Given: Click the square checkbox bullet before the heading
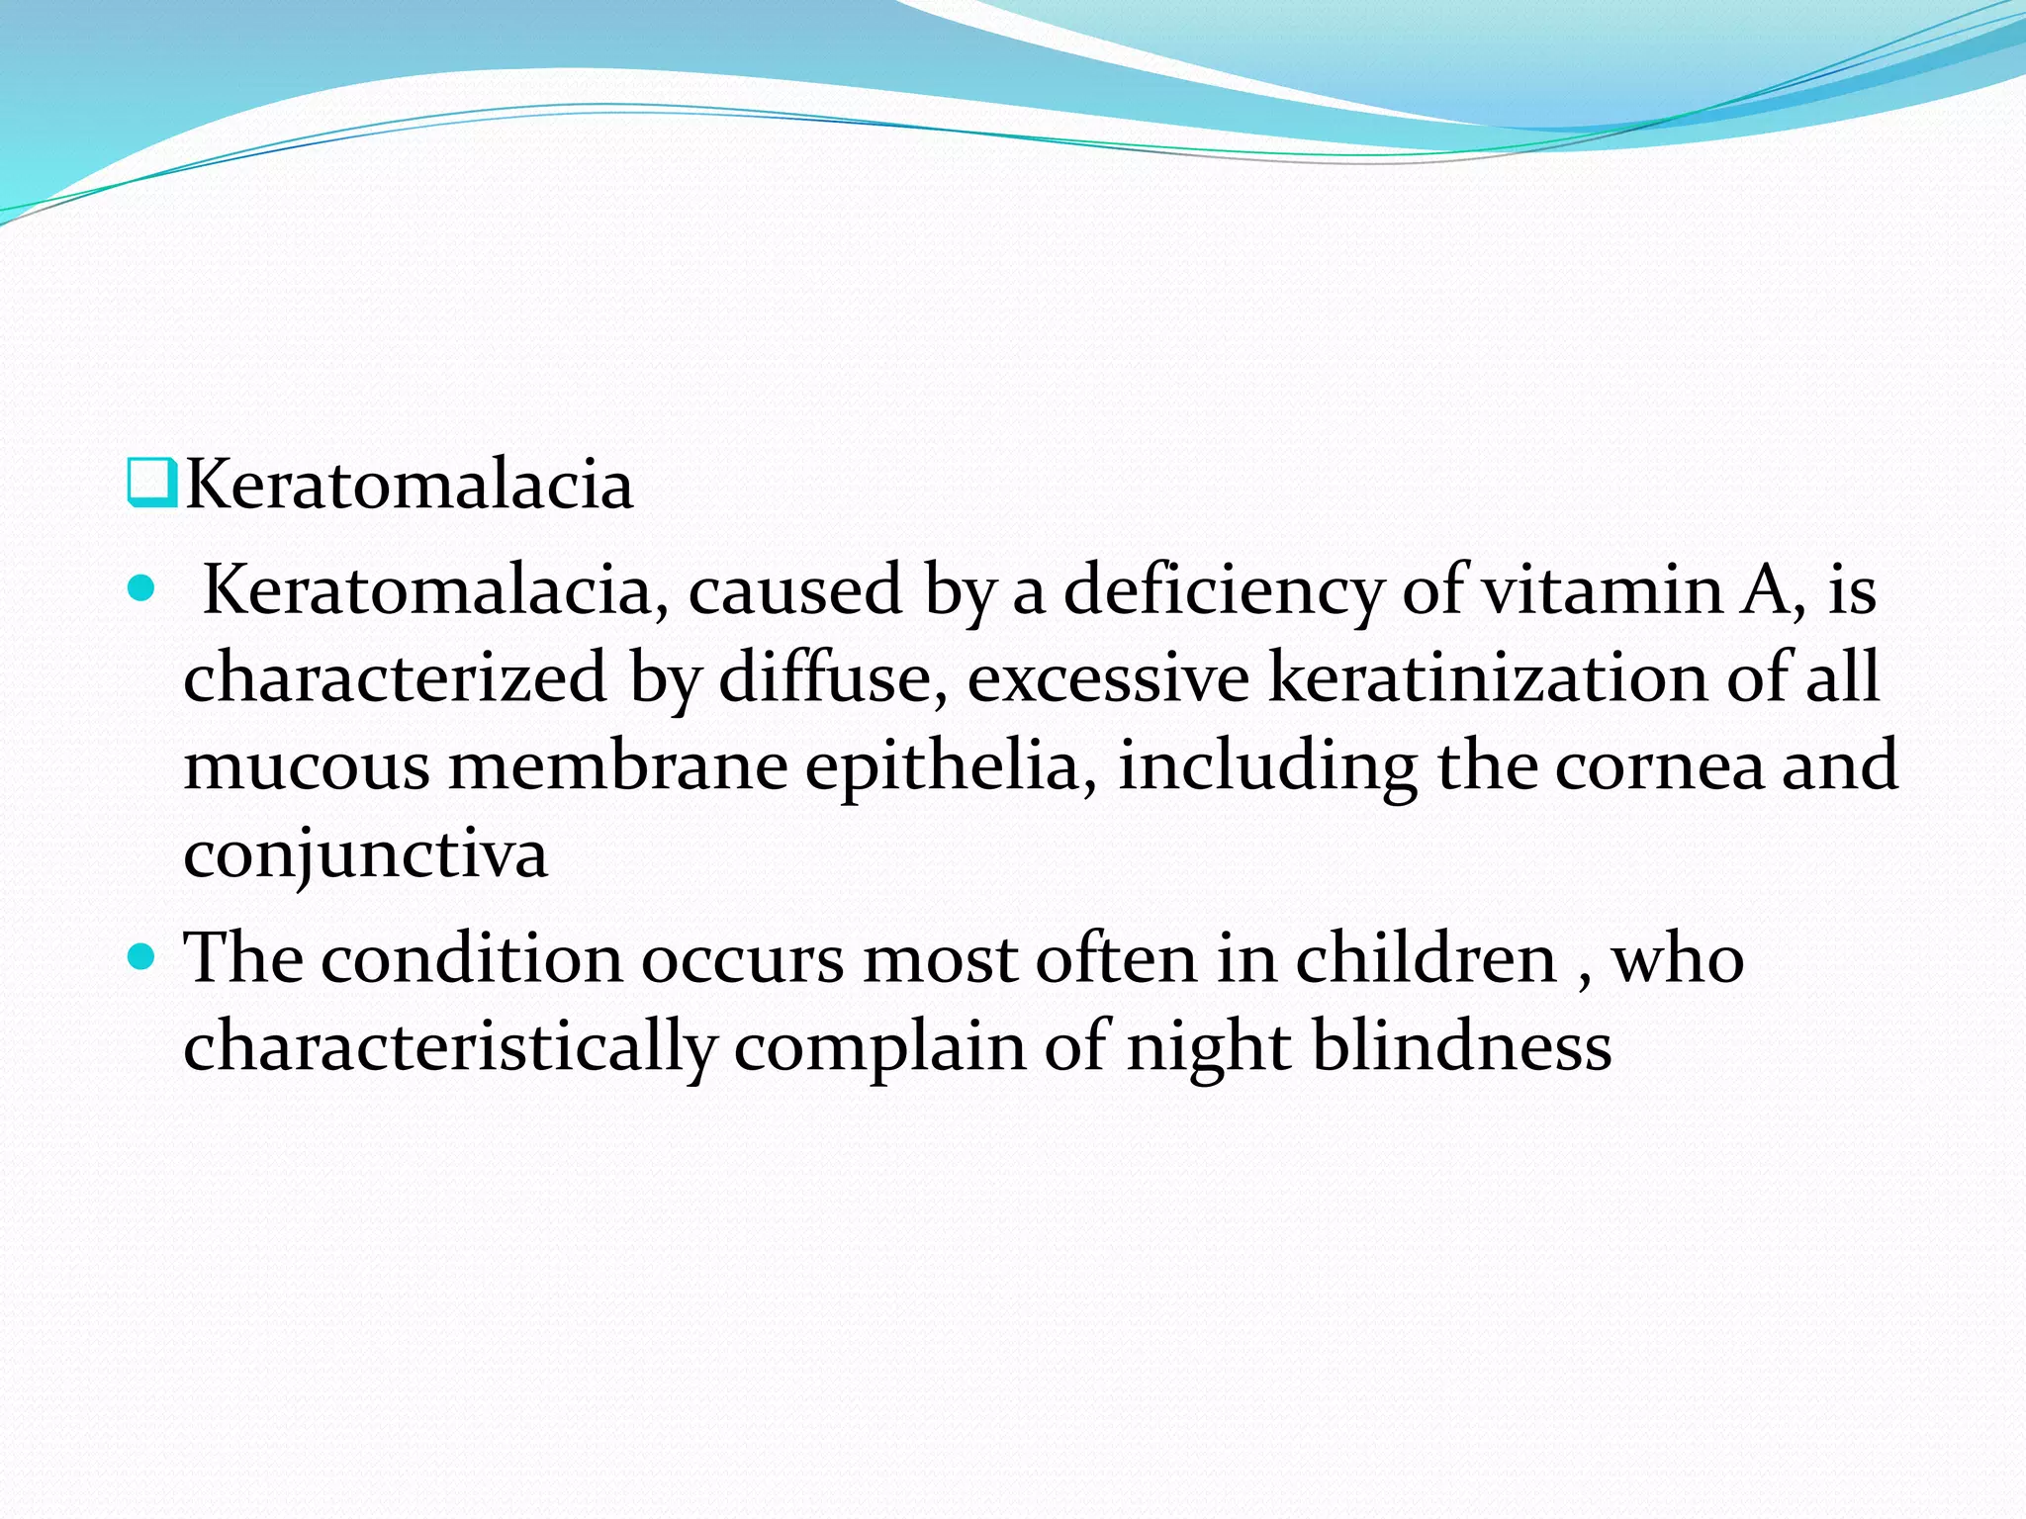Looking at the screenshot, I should click(x=151, y=484).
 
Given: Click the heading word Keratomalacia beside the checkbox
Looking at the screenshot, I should click(x=409, y=486).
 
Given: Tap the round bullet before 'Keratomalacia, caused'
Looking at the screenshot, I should click(x=143, y=590).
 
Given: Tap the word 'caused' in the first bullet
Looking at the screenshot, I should click(x=794, y=590).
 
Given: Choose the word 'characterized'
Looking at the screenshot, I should click(x=395, y=678).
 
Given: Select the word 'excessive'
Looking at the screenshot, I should click(x=1108, y=678).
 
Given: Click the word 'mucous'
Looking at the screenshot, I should click(x=307, y=767).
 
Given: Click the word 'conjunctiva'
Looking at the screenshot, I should click(x=365, y=856).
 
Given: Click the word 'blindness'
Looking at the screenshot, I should click(x=1462, y=1046).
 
